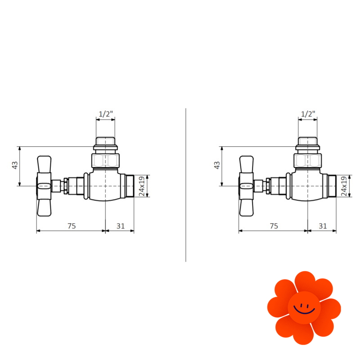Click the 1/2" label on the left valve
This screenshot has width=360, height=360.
click(106, 114)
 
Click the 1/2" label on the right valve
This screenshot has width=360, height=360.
click(308, 114)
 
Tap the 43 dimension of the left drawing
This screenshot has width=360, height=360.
click(15, 165)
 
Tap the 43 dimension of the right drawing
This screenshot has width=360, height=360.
click(217, 165)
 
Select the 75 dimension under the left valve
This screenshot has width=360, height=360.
click(72, 226)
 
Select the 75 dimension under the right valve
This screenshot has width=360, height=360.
click(274, 226)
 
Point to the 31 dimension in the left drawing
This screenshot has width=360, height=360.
click(121, 226)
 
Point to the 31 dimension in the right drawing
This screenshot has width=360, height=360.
click(323, 226)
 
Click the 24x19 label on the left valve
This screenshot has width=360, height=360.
click(142, 186)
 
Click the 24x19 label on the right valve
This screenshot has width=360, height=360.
click(344, 186)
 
